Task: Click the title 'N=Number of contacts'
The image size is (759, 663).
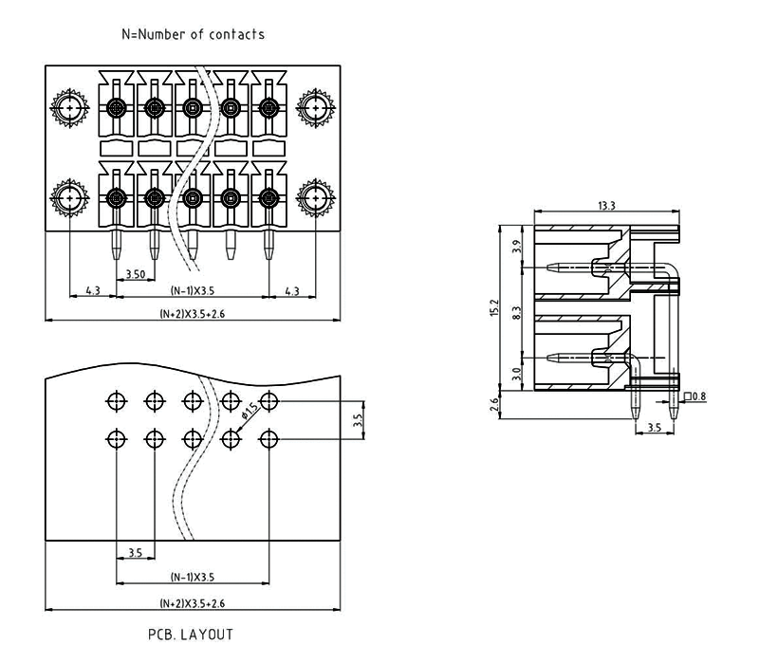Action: [193, 34]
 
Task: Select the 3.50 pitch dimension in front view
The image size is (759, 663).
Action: [135, 274]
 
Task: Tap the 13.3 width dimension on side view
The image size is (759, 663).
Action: [608, 206]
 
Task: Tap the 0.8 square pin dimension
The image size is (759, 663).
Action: [697, 396]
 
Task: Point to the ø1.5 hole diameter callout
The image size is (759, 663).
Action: [250, 411]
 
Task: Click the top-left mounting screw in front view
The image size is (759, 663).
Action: [71, 109]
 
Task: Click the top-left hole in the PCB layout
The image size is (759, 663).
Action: [116, 401]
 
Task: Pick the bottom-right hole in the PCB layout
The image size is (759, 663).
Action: [269, 439]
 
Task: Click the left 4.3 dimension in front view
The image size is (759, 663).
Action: [93, 291]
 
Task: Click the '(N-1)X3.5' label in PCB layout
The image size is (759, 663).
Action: [193, 577]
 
